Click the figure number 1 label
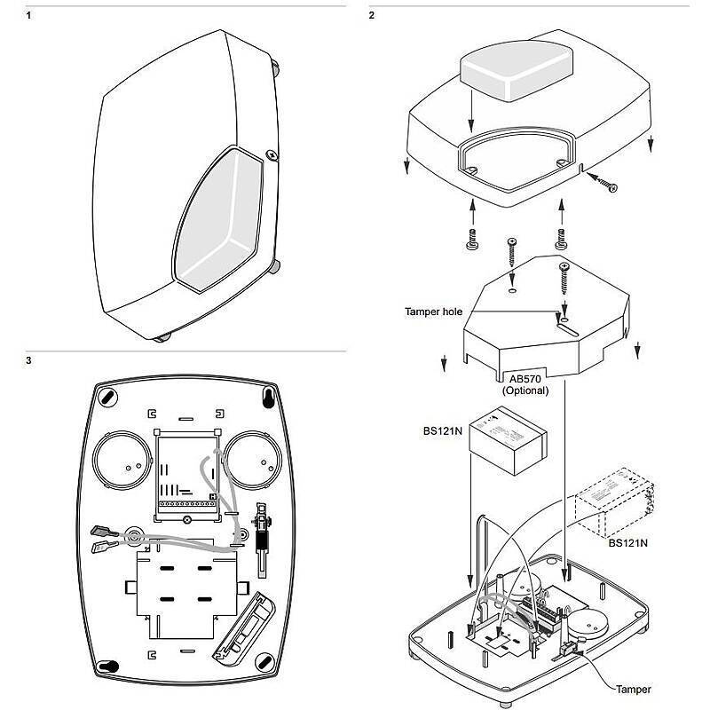tap(30, 16)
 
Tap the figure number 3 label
tap(30, 361)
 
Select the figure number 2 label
tap(371, 16)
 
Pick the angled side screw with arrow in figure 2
tap(606, 183)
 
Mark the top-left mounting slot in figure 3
tap(106, 396)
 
